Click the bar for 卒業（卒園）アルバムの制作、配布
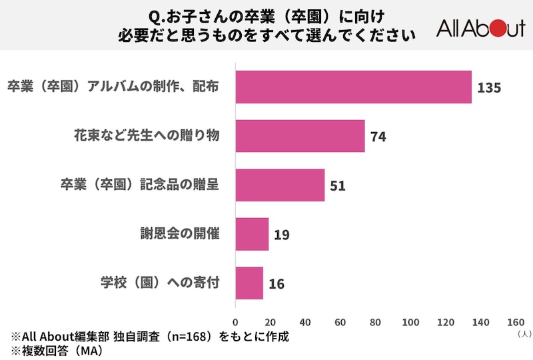(354, 87)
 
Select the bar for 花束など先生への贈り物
(300, 136)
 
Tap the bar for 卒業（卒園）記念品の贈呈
(280, 185)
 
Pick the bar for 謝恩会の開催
(252, 234)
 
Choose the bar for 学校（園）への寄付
(249, 283)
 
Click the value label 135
(488, 88)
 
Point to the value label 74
(378, 137)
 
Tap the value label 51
(338, 186)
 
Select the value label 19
(282, 235)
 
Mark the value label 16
(276, 285)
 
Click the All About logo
(480, 28)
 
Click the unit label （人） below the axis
(522, 333)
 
